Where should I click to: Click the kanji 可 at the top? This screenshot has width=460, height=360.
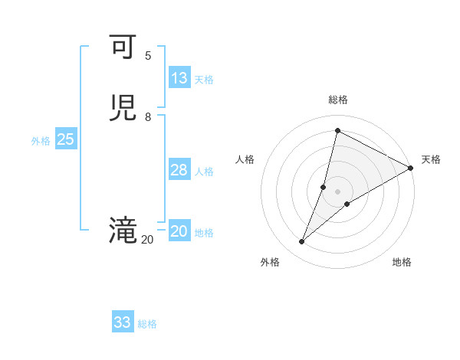tap(123, 47)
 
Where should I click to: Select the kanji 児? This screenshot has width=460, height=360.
tap(123, 108)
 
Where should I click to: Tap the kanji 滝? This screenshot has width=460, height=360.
tap(123, 231)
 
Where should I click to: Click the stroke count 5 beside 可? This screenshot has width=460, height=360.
tap(148, 56)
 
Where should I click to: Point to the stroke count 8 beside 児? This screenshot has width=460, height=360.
tap(148, 117)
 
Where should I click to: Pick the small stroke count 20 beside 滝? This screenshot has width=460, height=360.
tap(147, 240)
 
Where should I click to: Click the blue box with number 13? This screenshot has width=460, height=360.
tap(179, 78)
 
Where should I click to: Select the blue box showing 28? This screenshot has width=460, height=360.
tap(179, 170)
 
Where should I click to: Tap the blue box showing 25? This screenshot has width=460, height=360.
tap(66, 139)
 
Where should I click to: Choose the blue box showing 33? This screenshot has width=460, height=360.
tap(123, 322)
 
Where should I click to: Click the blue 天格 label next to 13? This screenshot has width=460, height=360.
tap(204, 80)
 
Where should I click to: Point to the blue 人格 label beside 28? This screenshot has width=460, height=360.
tap(204, 172)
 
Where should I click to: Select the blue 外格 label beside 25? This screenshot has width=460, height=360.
tap(41, 141)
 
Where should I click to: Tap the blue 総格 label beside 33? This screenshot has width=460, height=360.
tap(147, 324)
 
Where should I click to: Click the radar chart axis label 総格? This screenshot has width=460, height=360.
tap(337, 100)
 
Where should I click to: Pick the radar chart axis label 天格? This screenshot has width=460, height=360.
tap(431, 159)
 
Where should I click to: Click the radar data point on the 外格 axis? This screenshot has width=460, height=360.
tap(302, 242)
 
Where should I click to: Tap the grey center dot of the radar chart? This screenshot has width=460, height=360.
tap(337, 191)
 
